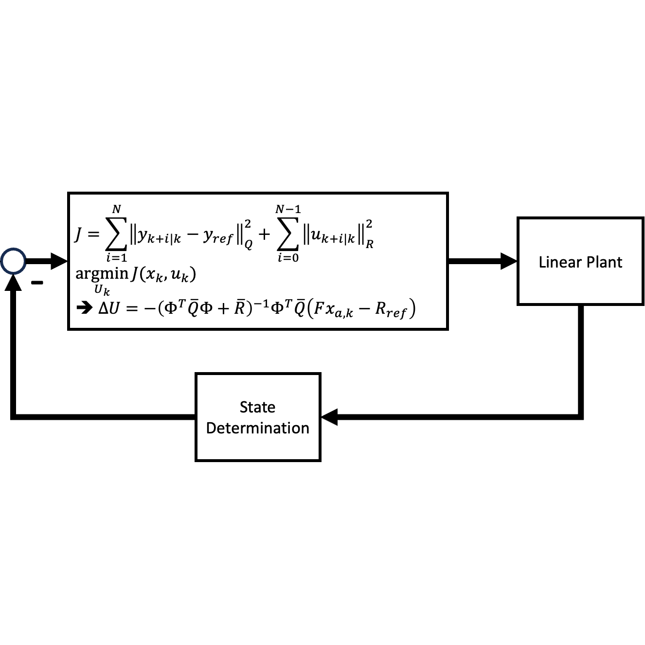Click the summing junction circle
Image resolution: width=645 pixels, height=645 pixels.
(x=13, y=261)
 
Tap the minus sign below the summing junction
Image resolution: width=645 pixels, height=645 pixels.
(x=37, y=283)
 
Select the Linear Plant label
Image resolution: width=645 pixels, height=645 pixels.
(x=580, y=262)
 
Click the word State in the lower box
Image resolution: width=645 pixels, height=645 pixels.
(x=257, y=407)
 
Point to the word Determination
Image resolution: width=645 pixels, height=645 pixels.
(x=257, y=428)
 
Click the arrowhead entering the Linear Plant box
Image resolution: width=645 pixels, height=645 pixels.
(x=508, y=261)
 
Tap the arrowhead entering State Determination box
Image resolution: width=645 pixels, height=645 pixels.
(x=330, y=417)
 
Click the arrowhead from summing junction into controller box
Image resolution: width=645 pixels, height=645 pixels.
(x=58, y=261)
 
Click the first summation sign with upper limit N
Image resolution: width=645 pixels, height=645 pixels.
(x=116, y=234)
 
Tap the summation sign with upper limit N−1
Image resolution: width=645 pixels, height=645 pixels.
(x=288, y=234)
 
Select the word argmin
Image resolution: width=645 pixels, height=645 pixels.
(x=102, y=273)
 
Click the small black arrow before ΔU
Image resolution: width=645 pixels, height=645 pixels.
(x=85, y=308)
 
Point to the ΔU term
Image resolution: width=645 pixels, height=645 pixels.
(x=108, y=308)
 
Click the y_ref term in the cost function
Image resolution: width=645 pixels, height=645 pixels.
(x=218, y=237)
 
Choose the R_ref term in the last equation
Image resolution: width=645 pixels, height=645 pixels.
(x=390, y=310)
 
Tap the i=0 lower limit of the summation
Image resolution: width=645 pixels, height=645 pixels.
(x=288, y=258)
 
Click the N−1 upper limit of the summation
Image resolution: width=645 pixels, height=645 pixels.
(x=288, y=209)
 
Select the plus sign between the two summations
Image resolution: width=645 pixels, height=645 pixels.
(x=264, y=234)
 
